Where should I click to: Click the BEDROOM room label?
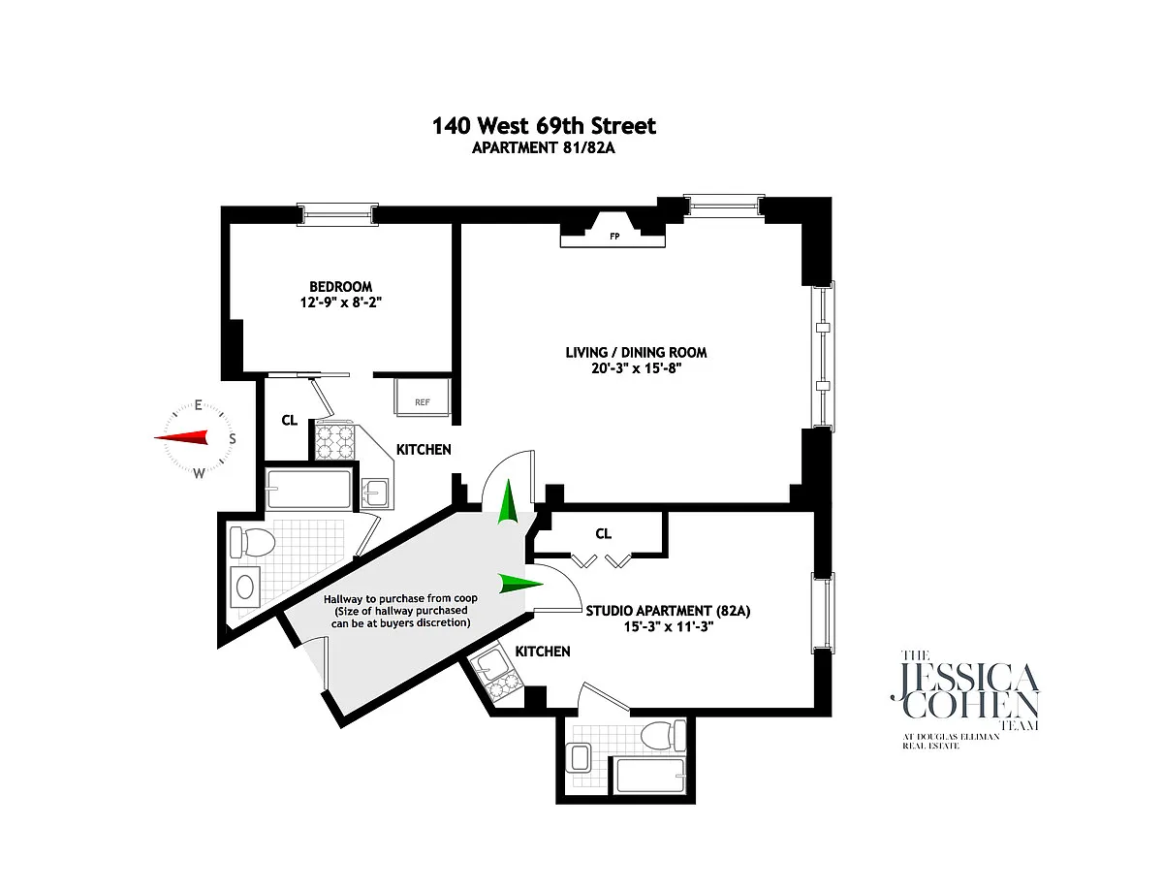coord(340,286)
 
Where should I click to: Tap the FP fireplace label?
coord(614,236)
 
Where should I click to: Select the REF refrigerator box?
coord(423,397)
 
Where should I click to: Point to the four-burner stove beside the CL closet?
coord(334,440)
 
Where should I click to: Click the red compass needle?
coord(181,437)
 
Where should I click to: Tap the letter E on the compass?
coord(198,405)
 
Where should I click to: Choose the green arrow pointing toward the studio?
coord(520,583)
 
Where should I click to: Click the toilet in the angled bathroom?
coord(252,542)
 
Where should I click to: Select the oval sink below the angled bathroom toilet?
coord(245,587)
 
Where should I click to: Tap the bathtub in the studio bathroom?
coord(649,776)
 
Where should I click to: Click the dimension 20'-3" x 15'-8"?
coord(637,368)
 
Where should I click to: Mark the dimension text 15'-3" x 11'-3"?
coord(669,626)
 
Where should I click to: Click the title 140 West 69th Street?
coord(544,126)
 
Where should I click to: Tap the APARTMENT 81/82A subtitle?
coord(544,148)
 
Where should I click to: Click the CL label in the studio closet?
coord(603,533)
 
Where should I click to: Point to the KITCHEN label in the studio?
coord(543,652)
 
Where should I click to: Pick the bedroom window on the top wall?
coord(337,214)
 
